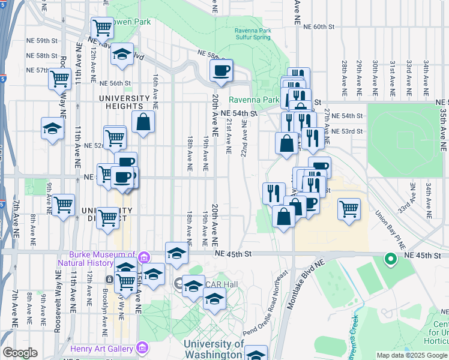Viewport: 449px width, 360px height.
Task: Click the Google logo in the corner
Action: pos(20,353)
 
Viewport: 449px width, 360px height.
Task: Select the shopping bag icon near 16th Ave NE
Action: pos(143,122)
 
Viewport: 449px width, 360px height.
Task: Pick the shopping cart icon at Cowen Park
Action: pos(102,27)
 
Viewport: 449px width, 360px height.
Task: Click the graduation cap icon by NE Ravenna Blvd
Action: pos(122,55)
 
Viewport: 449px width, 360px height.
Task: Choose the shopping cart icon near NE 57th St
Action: pos(59,79)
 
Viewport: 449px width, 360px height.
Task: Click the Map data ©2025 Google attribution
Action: pos(411,355)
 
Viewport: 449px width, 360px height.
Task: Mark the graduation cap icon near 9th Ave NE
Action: pos(52,129)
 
